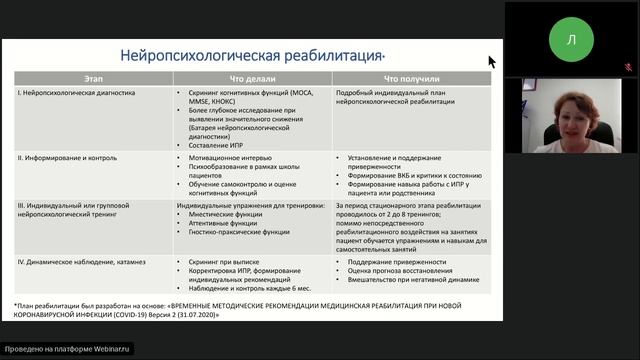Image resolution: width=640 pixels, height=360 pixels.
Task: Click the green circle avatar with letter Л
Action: pyautogui.click(x=571, y=40)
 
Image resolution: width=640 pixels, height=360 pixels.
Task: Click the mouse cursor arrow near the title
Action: pyautogui.click(x=491, y=61)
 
